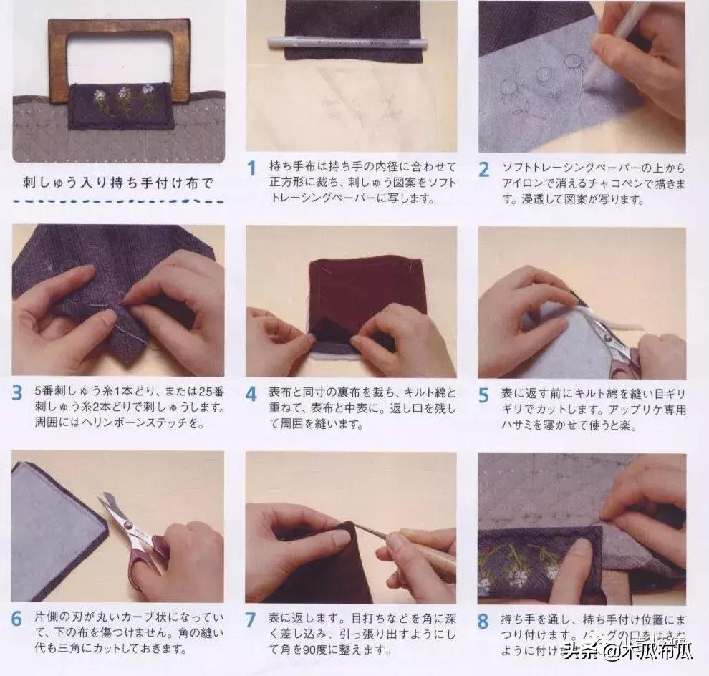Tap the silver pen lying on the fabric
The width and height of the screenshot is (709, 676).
[347, 43]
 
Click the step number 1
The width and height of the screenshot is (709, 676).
[251, 169]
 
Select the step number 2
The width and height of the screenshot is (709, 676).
[484, 169]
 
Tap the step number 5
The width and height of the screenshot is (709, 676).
[484, 395]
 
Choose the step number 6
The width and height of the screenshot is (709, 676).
[18, 619]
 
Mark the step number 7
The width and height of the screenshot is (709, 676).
[251, 619]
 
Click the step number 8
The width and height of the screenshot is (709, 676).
[484, 619]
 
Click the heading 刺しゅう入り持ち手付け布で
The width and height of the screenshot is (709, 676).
[118, 182]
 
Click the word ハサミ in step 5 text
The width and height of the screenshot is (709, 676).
[513, 426]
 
